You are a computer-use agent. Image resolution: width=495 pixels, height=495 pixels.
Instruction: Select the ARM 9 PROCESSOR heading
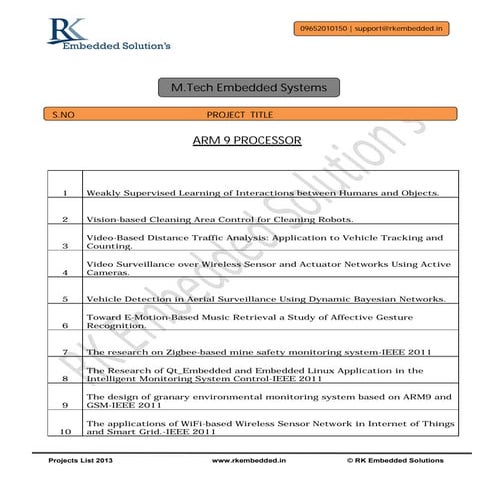(x=246, y=141)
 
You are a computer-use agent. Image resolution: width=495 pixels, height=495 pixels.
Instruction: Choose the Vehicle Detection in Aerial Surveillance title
(x=265, y=299)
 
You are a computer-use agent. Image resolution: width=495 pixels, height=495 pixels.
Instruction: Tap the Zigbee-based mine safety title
(x=258, y=352)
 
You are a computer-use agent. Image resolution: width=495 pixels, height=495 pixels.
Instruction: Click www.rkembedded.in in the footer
(x=247, y=461)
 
